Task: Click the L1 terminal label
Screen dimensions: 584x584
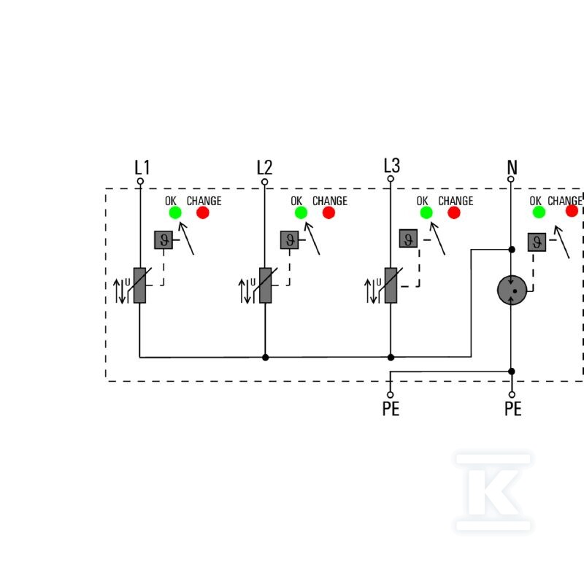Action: (142, 168)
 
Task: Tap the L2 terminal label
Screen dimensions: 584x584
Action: (264, 168)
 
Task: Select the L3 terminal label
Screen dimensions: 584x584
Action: (392, 166)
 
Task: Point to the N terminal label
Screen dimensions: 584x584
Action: (512, 167)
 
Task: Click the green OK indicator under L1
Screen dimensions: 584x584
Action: (175, 212)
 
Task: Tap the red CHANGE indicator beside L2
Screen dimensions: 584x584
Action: (328, 212)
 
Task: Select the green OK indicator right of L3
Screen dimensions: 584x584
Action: (426, 212)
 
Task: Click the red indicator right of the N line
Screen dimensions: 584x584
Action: (572, 211)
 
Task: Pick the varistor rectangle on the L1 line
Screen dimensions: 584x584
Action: (139, 285)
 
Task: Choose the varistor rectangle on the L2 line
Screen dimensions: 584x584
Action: (265, 285)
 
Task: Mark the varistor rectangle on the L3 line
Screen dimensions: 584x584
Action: (391, 285)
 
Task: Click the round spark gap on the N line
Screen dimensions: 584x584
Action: (512, 290)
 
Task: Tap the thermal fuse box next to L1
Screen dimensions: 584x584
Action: (164, 240)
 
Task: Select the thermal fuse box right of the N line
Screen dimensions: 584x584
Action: (537, 242)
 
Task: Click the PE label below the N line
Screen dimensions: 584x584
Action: (513, 409)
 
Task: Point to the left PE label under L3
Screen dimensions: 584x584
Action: (391, 409)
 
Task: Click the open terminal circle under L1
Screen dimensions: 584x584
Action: (140, 181)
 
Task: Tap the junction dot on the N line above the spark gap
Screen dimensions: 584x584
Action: (512, 250)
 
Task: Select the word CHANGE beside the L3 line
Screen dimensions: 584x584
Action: (456, 201)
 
